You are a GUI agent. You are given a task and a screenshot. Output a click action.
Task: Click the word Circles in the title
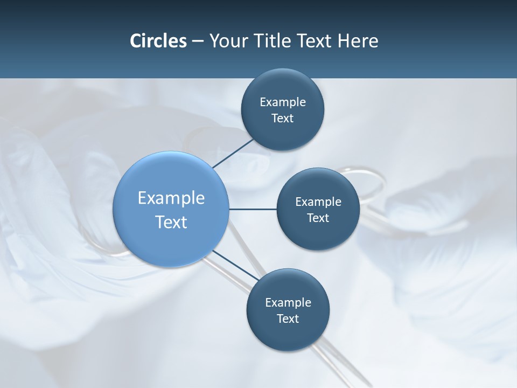coord(158,41)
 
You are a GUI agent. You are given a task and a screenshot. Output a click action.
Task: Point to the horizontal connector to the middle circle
coord(253,209)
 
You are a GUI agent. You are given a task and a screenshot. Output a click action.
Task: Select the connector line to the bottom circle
coord(235,266)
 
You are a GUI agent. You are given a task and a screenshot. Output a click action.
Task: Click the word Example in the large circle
coord(171,198)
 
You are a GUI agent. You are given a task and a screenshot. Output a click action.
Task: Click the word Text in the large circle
coord(171,222)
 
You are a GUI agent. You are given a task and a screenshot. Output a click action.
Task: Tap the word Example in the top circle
coord(283,102)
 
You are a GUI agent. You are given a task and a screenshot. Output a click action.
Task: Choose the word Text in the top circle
coord(283,119)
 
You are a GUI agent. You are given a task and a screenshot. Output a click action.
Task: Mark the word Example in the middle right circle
coord(318,202)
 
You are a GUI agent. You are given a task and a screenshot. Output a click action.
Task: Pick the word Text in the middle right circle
coord(318,218)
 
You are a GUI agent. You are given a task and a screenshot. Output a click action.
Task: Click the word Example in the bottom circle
coord(288,303)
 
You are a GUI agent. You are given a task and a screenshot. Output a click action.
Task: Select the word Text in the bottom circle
coord(288,319)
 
